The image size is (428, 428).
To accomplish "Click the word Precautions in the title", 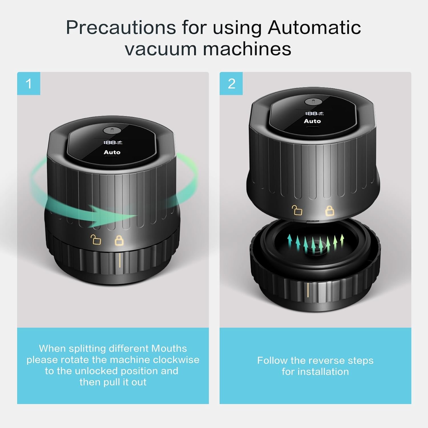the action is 121,28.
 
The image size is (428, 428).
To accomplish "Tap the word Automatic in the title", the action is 314,28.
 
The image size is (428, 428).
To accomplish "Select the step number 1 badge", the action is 29,84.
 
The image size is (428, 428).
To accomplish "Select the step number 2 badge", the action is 231,84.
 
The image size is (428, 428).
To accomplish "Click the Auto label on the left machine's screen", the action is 112,152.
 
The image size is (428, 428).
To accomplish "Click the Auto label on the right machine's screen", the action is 312,121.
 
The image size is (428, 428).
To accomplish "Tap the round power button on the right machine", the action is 313,102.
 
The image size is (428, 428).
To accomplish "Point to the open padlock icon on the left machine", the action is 96,240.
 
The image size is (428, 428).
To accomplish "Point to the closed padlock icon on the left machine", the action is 119,240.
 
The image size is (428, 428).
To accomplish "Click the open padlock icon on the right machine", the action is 297,210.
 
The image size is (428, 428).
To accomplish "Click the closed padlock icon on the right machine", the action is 330,211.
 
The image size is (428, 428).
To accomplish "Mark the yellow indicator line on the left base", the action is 120,260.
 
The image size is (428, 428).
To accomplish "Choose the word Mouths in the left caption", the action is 169,348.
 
